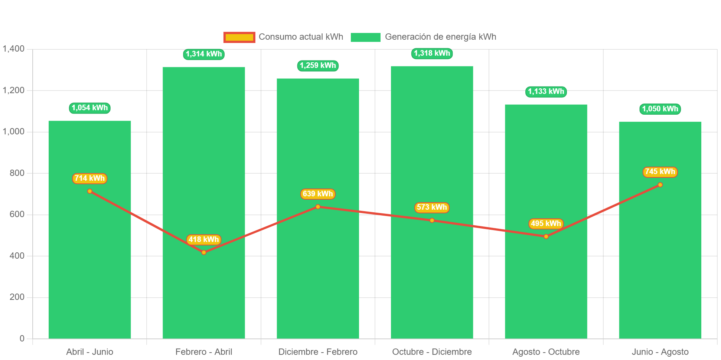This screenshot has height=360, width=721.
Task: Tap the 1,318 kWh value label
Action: click(432, 53)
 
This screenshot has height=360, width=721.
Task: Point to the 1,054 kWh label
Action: click(89, 108)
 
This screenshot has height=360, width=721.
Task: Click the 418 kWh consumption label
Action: click(204, 240)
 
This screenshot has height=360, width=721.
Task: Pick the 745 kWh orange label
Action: click(660, 172)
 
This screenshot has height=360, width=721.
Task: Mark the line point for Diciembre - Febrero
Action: click(318, 207)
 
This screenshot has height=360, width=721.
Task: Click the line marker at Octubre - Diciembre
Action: click(432, 220)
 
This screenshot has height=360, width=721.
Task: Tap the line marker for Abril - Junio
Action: click(89, 191)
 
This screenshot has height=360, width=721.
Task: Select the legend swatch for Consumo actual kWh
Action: click(239, 37)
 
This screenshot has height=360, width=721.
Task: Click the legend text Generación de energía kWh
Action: click(440, 37)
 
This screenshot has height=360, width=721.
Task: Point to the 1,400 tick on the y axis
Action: click(14, 49)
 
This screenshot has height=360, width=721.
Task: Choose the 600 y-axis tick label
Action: click(17, 214)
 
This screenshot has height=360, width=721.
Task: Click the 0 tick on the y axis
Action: click(22, 338)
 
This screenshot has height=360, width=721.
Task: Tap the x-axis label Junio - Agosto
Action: click(660, 352)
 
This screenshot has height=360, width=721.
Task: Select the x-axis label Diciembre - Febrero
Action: click(318, 352)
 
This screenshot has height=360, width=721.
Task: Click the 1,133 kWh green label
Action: click(546, 92)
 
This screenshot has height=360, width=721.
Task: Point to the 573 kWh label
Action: click(432, 207)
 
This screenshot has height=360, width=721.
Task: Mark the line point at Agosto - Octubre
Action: click(546, 236)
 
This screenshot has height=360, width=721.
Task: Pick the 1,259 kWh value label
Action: click(318, 66)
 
